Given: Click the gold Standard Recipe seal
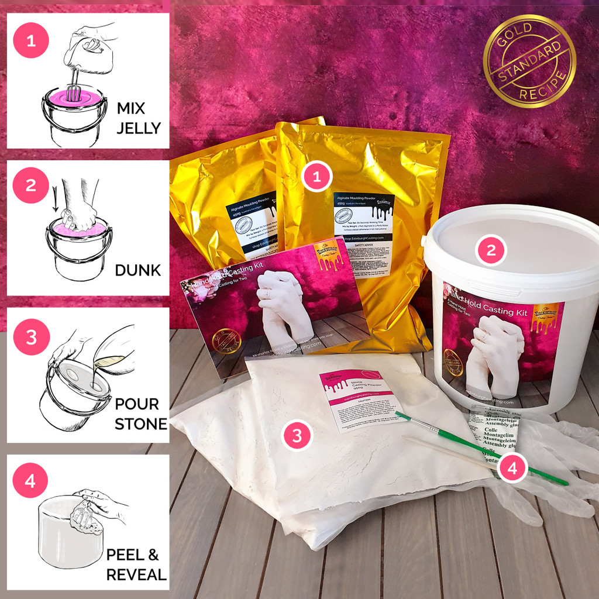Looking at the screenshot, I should click(529, 62).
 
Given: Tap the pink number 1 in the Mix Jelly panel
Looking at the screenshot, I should click(29, 42).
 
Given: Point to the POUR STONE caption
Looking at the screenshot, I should click(136, 413).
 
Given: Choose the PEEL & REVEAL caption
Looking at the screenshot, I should click(136, 564).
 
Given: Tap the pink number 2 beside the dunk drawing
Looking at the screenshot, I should click(30, 186).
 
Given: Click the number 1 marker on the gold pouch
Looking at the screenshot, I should click(317, 177).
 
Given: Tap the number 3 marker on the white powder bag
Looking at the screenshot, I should click(297, 435).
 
